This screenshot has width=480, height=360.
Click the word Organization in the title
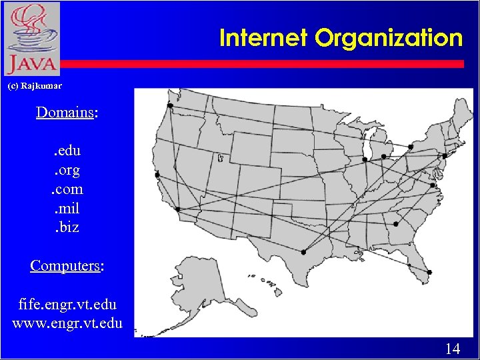389,38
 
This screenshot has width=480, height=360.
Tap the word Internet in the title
265,38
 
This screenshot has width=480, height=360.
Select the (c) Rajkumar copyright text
34,86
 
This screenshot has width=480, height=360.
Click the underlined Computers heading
65,265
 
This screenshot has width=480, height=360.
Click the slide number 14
452,348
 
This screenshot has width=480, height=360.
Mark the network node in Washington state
170,105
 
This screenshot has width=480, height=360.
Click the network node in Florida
429,272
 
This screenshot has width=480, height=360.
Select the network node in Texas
303,252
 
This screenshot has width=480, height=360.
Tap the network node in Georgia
396,224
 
